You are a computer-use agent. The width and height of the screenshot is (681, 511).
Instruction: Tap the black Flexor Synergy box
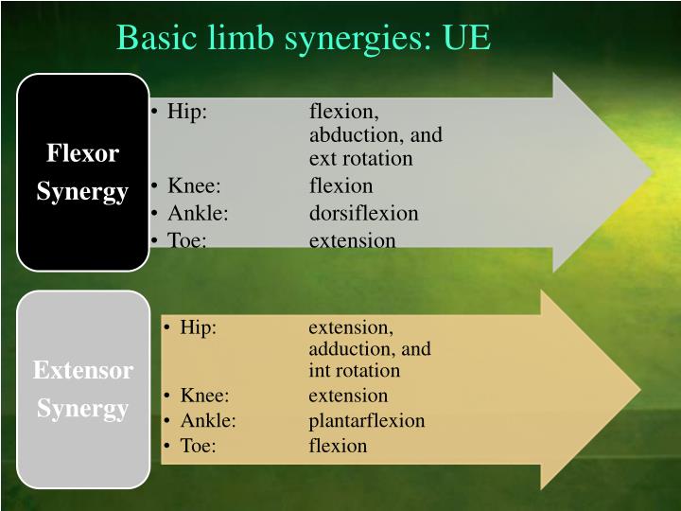(x=82, y=172)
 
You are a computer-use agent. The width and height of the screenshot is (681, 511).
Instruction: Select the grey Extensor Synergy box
(x=82, y=389)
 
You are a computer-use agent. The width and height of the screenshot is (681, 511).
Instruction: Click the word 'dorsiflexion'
(x=363, y=213)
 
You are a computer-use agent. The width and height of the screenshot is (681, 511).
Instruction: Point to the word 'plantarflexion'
(x=366, y=420)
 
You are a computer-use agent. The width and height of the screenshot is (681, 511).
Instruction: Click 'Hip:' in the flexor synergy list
(x=187, y=112)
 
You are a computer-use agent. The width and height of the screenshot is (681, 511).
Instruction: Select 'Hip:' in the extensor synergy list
(x=199, y=327)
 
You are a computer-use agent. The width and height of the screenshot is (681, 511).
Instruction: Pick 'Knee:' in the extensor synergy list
(x=205, y=396)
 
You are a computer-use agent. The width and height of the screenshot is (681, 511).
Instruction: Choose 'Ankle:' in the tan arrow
(x=208, y=420)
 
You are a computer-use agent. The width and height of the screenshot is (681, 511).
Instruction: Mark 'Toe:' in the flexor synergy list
(x=187, y=240)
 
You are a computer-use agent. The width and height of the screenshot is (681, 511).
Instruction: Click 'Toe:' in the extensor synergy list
(x=199, y=445)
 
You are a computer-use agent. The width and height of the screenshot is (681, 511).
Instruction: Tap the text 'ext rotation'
(x=360, y=158)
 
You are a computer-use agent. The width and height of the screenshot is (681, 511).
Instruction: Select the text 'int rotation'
(x=354, y=370)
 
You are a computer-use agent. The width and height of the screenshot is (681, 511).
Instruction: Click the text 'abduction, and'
(x=375, y=134)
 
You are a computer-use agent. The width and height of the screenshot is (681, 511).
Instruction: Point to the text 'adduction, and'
(x=369, y=348)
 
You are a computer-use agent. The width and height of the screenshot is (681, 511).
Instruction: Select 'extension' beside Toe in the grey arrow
(x=352, y=240)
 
